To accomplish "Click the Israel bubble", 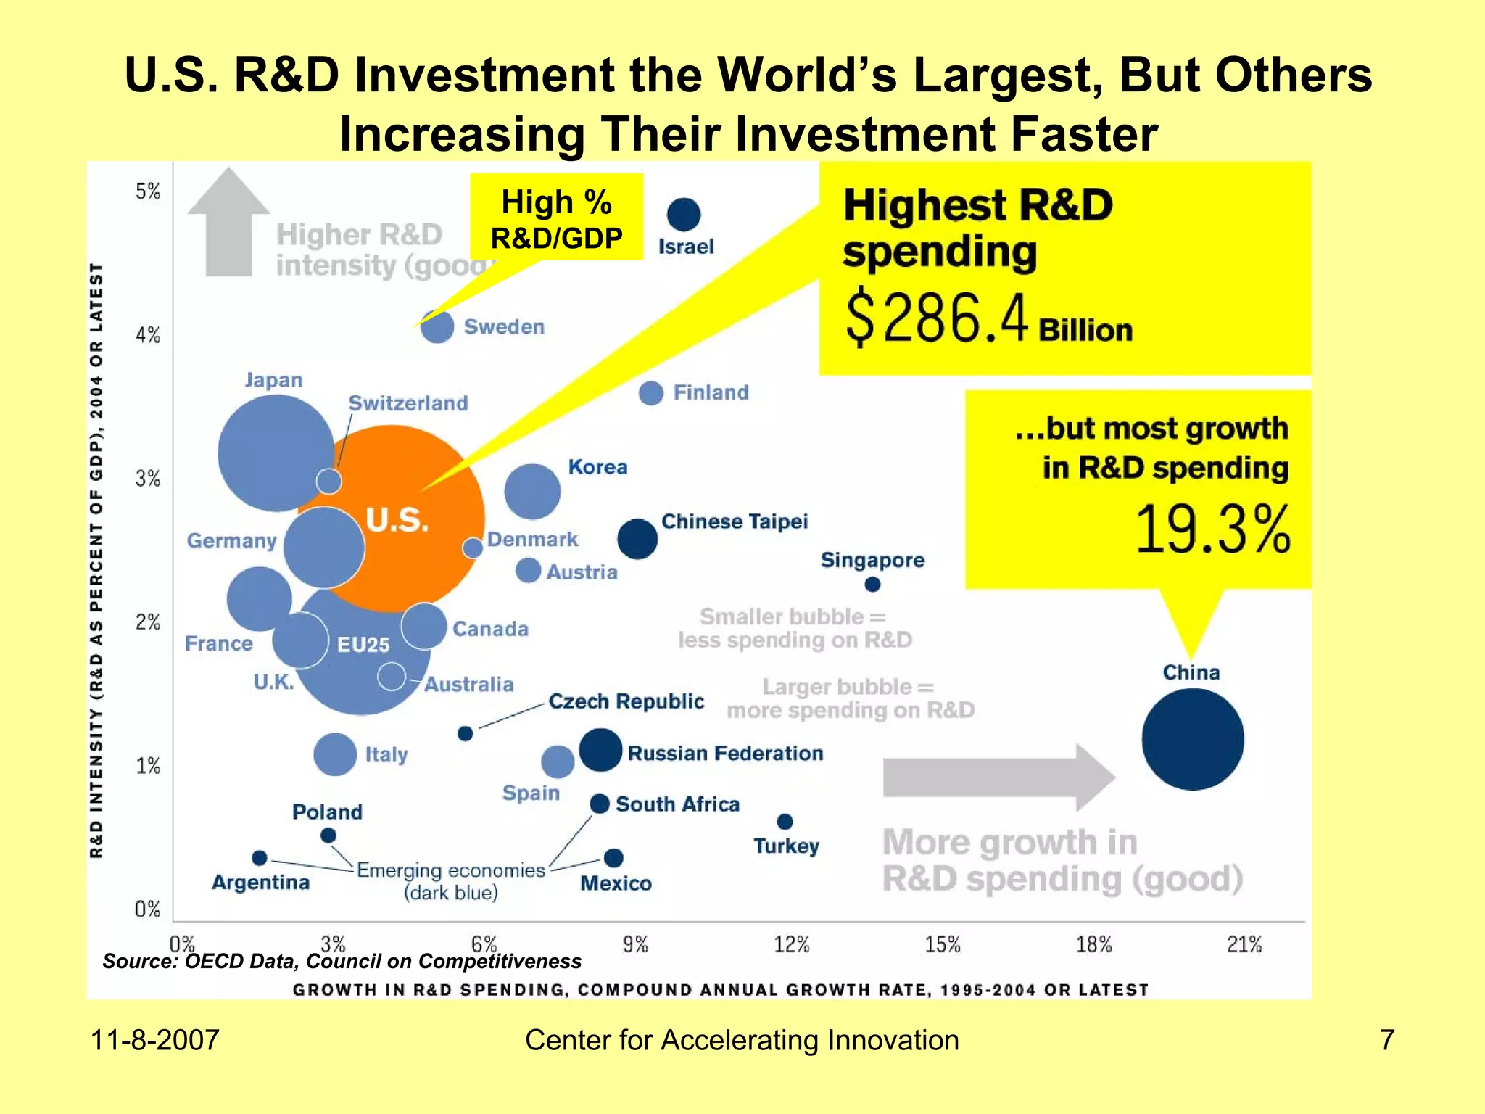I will (683, 214).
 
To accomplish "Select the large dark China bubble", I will (1192, 739).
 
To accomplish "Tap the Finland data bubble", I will (650, 393).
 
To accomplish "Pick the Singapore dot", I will (872, 584).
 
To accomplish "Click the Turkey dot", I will (785, 821).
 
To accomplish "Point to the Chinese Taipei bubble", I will (637, 539).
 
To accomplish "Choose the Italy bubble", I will (334, 754).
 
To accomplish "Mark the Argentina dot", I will (259, 858).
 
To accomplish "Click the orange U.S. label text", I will (397, 520).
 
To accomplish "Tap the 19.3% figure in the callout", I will (1212, 529).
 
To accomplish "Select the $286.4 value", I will (937, 318).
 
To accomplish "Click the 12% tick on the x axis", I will (790, 944).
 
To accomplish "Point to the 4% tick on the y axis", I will (148, 335).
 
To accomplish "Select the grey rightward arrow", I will (998, 777).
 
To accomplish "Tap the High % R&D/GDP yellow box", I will (556, 218).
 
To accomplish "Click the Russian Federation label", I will (725, 753).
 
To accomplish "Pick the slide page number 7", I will (1386, 1040).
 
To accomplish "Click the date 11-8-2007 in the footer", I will (154, 1040).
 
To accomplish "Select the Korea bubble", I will (532, 491).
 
